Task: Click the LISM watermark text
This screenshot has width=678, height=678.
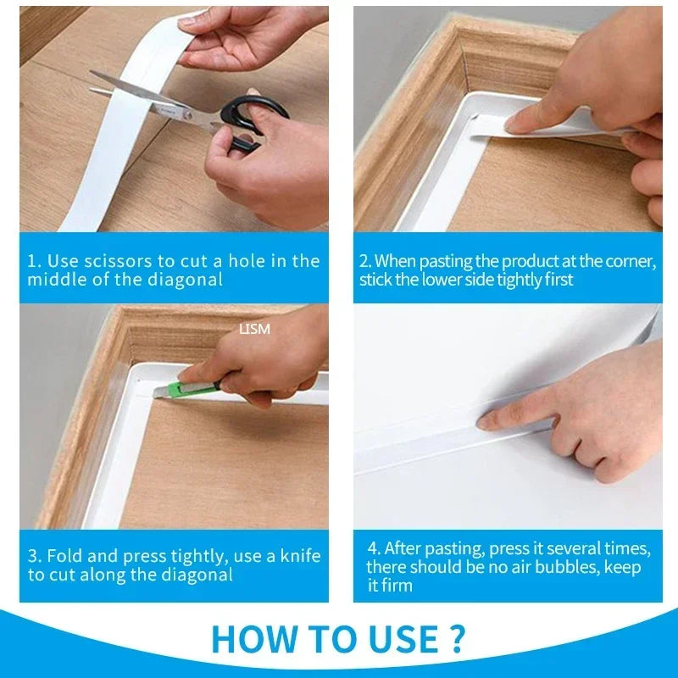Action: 254,329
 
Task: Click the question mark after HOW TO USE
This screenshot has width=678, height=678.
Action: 455,639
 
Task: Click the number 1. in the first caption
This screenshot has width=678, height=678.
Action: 34,261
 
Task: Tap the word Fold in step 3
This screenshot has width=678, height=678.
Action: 64,556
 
